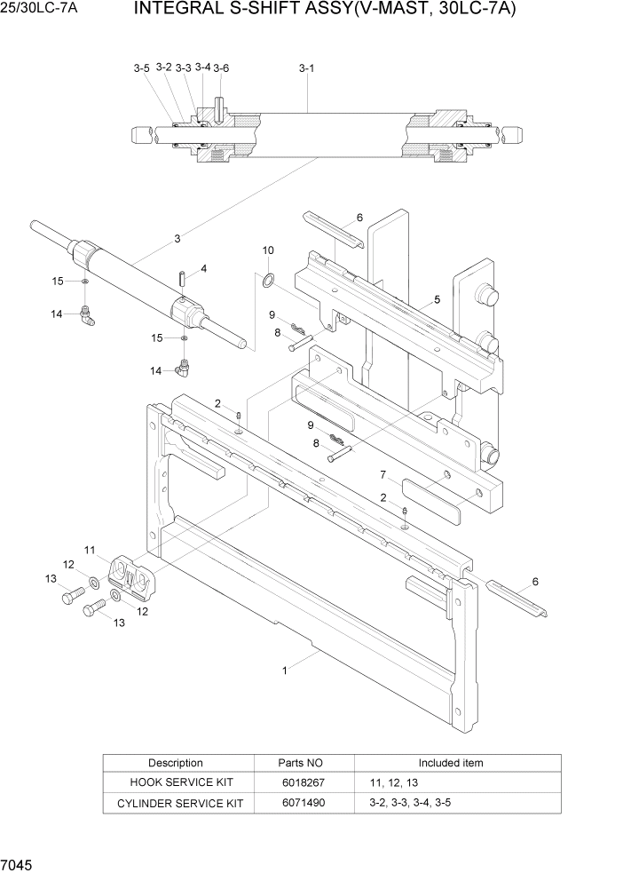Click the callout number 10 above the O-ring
268,251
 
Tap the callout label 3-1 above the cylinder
306,67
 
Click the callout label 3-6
221,67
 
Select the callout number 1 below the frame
284,671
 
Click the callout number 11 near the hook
90,551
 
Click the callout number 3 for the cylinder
177,238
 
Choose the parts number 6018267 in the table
303,782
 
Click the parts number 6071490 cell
303,803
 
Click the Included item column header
451,763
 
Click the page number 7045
19,864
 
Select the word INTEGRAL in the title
176,10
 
